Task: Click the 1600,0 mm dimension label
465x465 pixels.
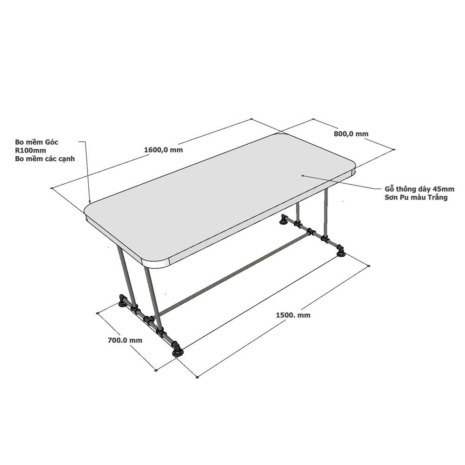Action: [163, 150]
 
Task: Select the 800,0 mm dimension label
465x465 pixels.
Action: [351, 134]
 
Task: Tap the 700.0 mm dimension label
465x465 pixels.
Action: [125, 340]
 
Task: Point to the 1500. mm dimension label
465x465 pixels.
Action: [293, 315]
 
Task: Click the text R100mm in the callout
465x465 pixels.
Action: [31, 150]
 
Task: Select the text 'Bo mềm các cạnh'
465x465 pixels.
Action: [45, 159]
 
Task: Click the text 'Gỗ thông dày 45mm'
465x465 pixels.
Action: [419, 189]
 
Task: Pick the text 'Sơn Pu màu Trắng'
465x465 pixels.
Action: [416, 198]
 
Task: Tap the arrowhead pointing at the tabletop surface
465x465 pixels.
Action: [303, 176]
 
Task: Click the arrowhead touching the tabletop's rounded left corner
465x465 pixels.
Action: [90, 201]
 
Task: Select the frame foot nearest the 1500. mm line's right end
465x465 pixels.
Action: [340, 253]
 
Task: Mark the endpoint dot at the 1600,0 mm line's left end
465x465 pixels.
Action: [52, 188]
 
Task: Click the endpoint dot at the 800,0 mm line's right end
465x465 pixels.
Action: [394, 149]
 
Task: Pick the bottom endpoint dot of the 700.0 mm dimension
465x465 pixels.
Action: [156, 370]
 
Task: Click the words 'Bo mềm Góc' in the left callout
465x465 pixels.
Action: [37, 142]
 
